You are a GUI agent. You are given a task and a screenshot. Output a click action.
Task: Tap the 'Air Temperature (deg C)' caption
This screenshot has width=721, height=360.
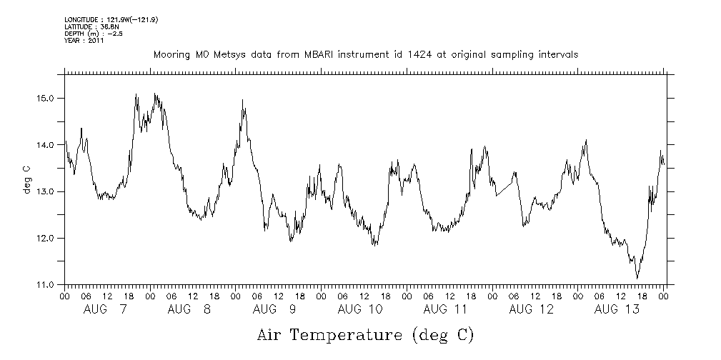tap(365, 334)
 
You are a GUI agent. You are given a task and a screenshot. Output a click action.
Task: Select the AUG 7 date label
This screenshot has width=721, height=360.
tap(106, 309)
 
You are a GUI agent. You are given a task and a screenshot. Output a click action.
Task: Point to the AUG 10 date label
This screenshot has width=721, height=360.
tap(359, 309)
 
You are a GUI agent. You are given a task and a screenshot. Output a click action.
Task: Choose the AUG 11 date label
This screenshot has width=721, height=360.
tap(445, 309)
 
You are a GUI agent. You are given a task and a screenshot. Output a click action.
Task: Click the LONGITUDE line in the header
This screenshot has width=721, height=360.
tap(111, 20)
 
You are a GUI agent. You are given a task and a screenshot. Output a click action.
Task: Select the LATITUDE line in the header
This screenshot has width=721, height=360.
tap(90, 26)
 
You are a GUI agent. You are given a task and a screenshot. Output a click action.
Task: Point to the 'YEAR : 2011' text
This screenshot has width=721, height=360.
tap(84, 41)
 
